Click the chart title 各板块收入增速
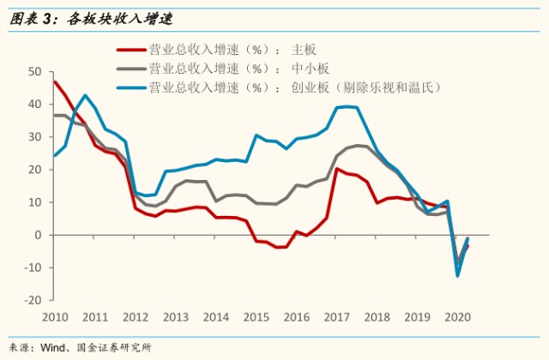pyautogui.click(x=120, y=19)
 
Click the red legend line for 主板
pyautogui.click(x=131, y=50)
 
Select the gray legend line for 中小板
pyautogui.click(x=131, y=69)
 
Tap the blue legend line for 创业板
pyautogui.click(x=131, y=87)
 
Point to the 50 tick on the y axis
pyautogui.click(x=34, y=72)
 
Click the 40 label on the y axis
pyautogui.click(x=34, y=105)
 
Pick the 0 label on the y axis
pyautogui.click(x=38, y=235)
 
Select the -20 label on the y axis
pyautogui.click(x=33, y=300)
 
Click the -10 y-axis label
pyautogui.click(x=33, y=267)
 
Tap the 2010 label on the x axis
pyautogui.click(x=55, y=317)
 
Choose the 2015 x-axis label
pyautogui.click(x=256, y=317)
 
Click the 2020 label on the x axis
pyautogui.click(x=457, y=317)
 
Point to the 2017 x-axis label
pyautogui.click(x=337, y=317)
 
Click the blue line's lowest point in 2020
pyautogui.click(x=457, y=276)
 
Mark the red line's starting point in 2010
pyautogui.click(x=55, y=82)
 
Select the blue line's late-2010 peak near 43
pyautogui.click(x=85, y=95)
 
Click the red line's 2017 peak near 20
pyautogui.click(x=336, y=169)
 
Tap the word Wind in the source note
pyautogui.click(x=52, y=348)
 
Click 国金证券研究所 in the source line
pyautogui.click(x=114, y=348)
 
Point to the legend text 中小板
pyautogui.click(x=311, y=69)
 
